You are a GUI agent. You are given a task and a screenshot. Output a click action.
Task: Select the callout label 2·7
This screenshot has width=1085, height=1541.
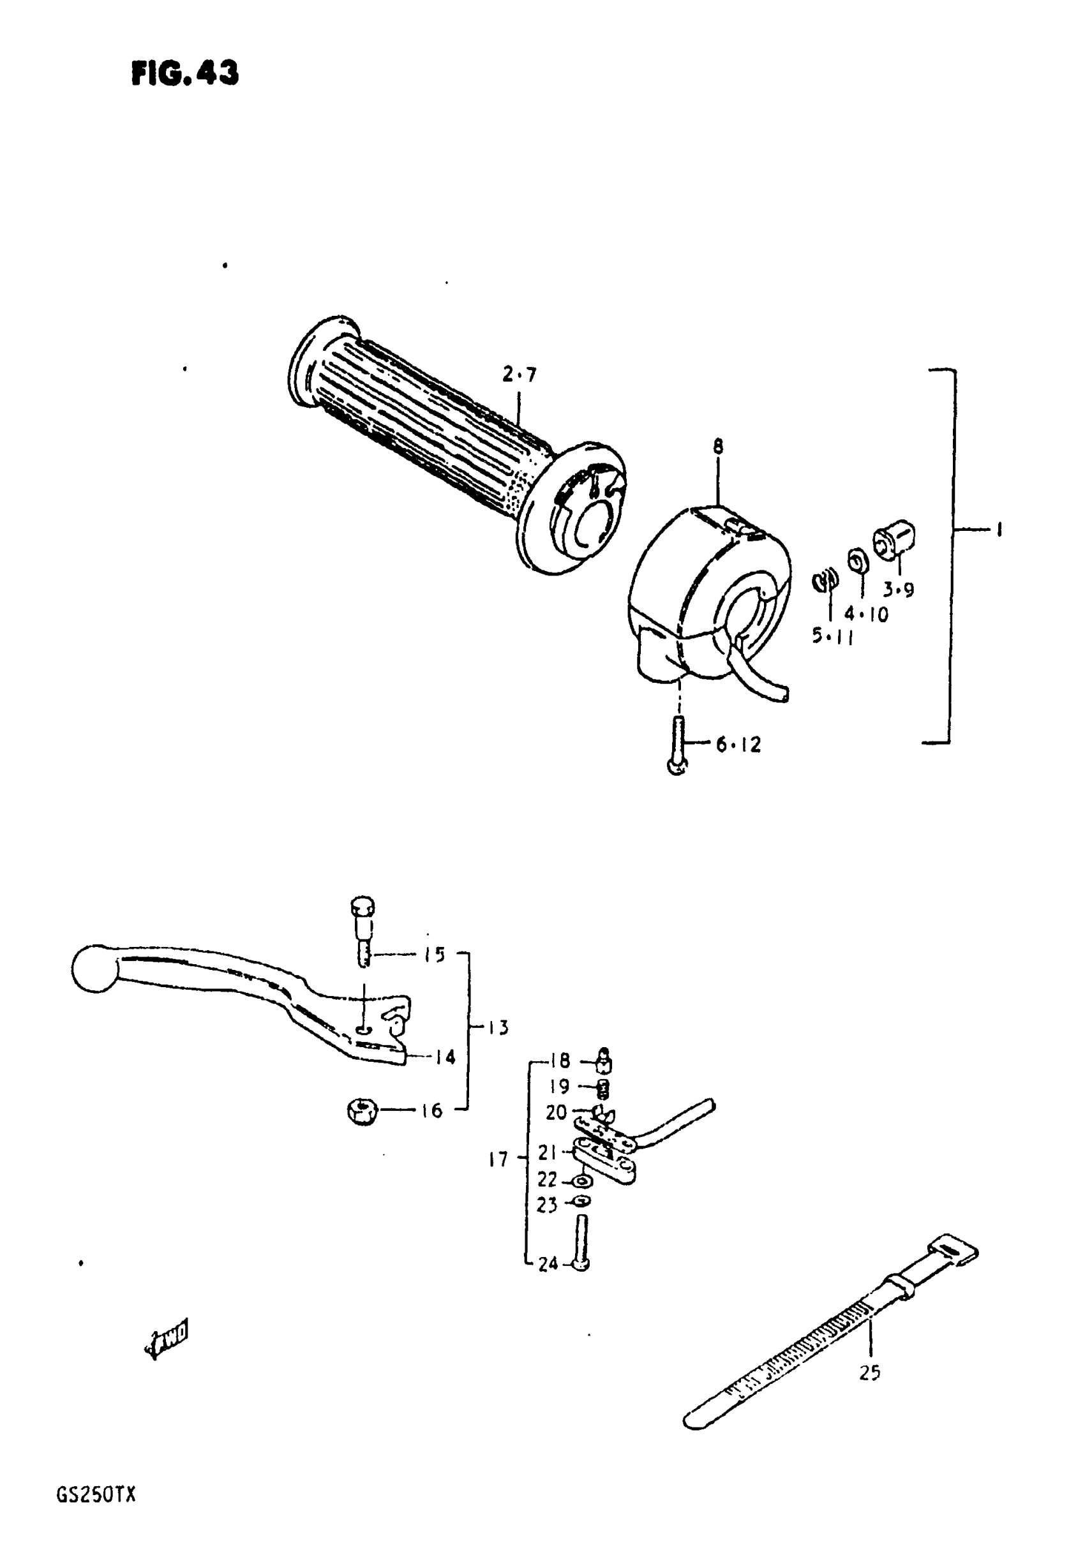(519, 375)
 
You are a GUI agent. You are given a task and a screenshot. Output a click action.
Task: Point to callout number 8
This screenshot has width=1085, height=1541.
(718, 445)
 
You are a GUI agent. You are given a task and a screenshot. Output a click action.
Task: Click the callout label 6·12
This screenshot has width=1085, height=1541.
(738, 744)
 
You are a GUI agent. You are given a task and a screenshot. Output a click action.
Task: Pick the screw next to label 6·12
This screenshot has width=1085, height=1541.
(677, 746)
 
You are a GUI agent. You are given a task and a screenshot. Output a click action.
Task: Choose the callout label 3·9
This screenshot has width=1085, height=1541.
(899, 590)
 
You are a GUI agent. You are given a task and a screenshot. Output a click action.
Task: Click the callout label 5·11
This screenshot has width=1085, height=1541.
(832, 635)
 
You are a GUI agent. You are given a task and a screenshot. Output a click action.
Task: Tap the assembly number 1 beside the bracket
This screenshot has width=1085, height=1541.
(999, 530)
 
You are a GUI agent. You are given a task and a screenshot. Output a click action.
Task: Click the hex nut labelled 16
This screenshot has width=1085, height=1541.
(363, 1111)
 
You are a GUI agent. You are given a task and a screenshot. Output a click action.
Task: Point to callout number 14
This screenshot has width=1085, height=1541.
(443, 1057)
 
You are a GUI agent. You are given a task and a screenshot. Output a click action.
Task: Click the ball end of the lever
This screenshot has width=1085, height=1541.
(94, 967)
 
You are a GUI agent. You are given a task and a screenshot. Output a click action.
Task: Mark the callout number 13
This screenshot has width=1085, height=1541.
(498, 1027)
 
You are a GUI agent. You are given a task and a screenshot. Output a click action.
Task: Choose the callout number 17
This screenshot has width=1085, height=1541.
(498, 1159)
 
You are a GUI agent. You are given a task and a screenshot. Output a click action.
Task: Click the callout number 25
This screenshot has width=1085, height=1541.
(869, 1373)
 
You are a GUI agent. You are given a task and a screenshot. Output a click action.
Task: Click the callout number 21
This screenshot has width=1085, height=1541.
(547, 1152)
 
